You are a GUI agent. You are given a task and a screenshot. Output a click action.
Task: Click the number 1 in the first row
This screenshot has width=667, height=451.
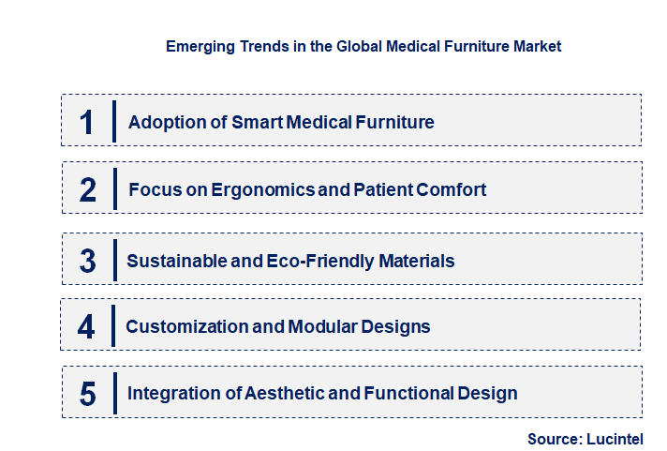pyautogui.click(x=87, y=122)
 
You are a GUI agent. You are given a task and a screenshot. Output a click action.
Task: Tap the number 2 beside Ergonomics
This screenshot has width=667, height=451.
pyautogui.click(x=88, y=190)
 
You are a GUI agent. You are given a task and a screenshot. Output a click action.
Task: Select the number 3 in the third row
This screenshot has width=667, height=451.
pyautogui.click(x=87, y=262)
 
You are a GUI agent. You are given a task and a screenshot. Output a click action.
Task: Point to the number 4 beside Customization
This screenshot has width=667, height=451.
pyautogui.click(x=86, y=327)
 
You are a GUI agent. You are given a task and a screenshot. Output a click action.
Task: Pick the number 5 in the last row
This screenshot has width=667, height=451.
pyautogui.click(x=87, y=394)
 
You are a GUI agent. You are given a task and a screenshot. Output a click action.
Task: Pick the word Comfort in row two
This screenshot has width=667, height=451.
pyautogui.click(x=453, y=190)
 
